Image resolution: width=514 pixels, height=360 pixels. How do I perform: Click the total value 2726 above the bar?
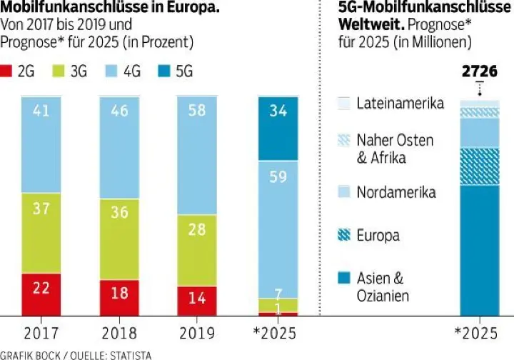[479, 73]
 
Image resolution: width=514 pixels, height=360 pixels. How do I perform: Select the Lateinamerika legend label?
[400, 103]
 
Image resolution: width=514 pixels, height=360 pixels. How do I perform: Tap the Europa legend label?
[378, 236]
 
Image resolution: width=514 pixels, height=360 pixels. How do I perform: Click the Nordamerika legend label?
[395, 192]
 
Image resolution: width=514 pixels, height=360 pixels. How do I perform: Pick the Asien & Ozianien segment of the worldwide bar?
[479, 250]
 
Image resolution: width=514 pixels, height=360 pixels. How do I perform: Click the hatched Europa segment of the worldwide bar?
[479, 166]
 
